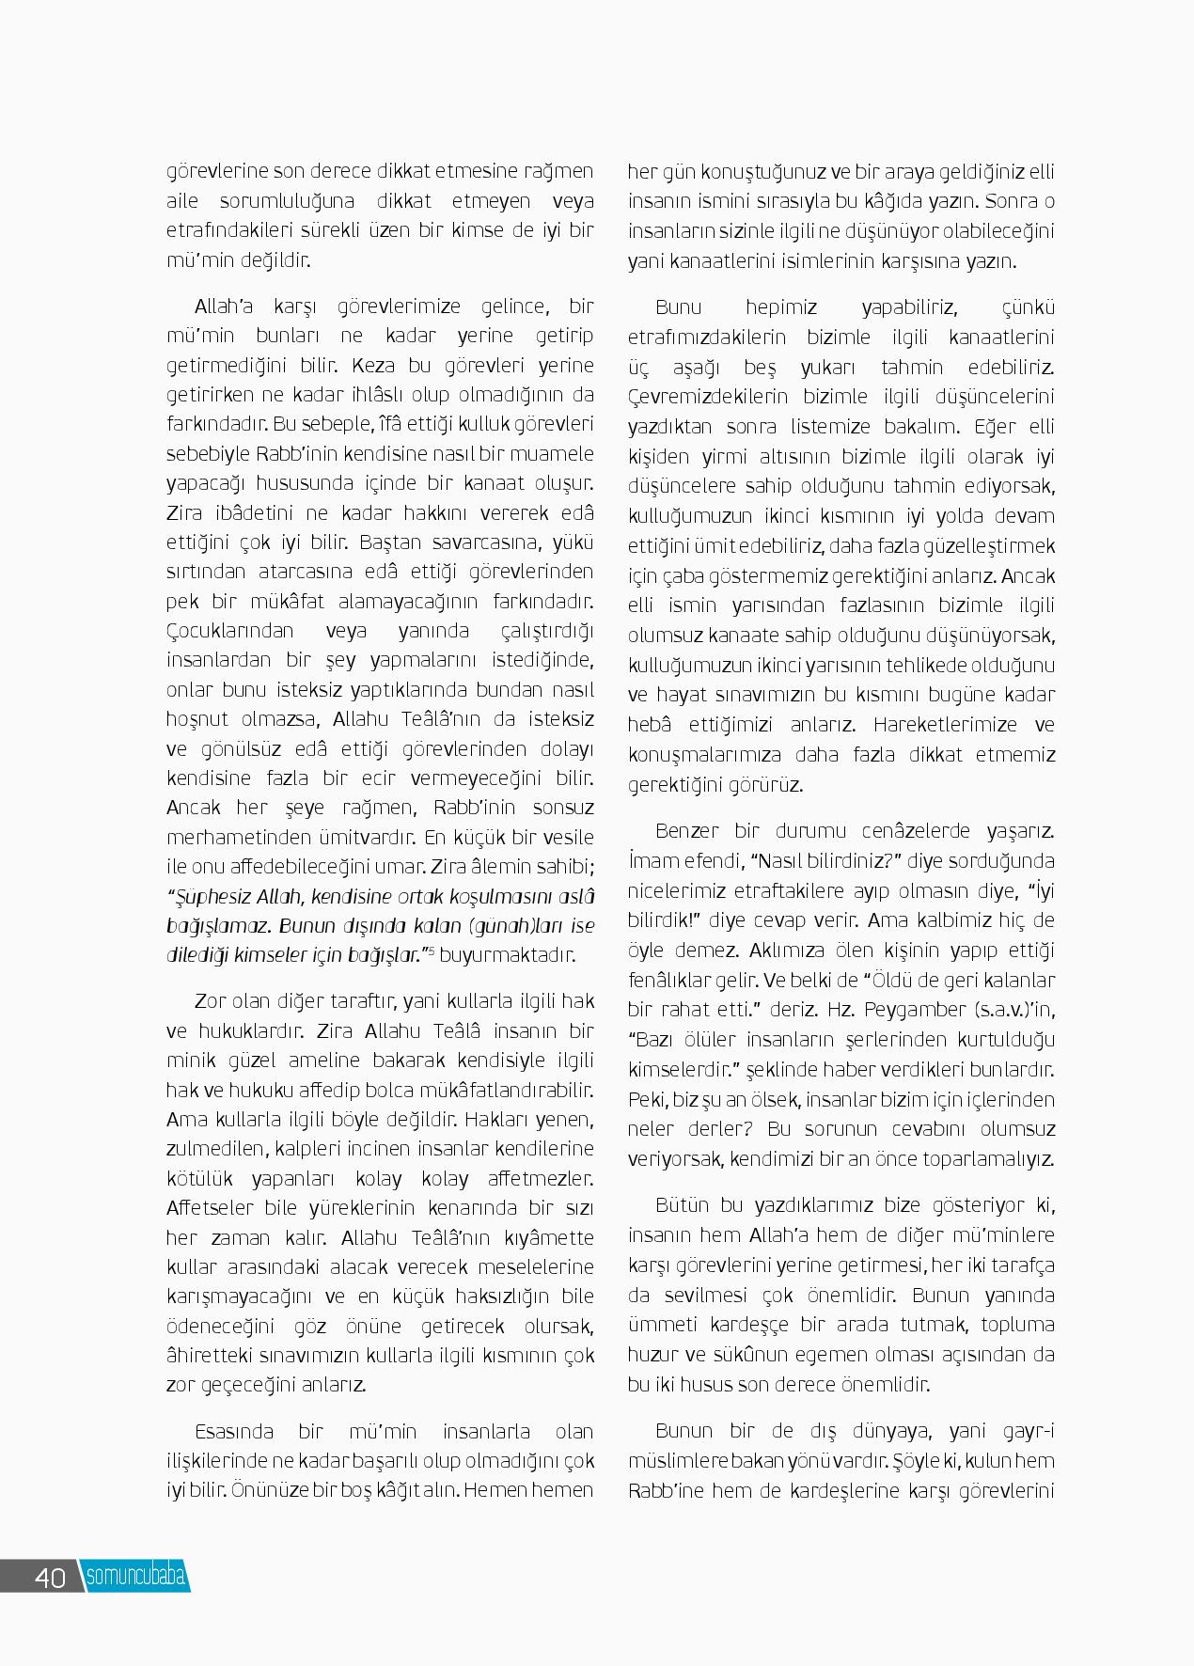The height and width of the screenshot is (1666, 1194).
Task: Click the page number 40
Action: click(50, 1577)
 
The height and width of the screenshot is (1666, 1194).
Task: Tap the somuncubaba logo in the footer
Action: click(135, 1576)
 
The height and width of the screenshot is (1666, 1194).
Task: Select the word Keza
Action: click(373, 365)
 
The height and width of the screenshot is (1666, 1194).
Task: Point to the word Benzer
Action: click(687, 831)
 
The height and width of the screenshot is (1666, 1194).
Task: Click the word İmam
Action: click(651, 861)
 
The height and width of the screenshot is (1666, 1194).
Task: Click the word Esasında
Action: click(232, 1431)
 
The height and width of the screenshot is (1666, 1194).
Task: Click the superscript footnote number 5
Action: click(432, 951)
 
